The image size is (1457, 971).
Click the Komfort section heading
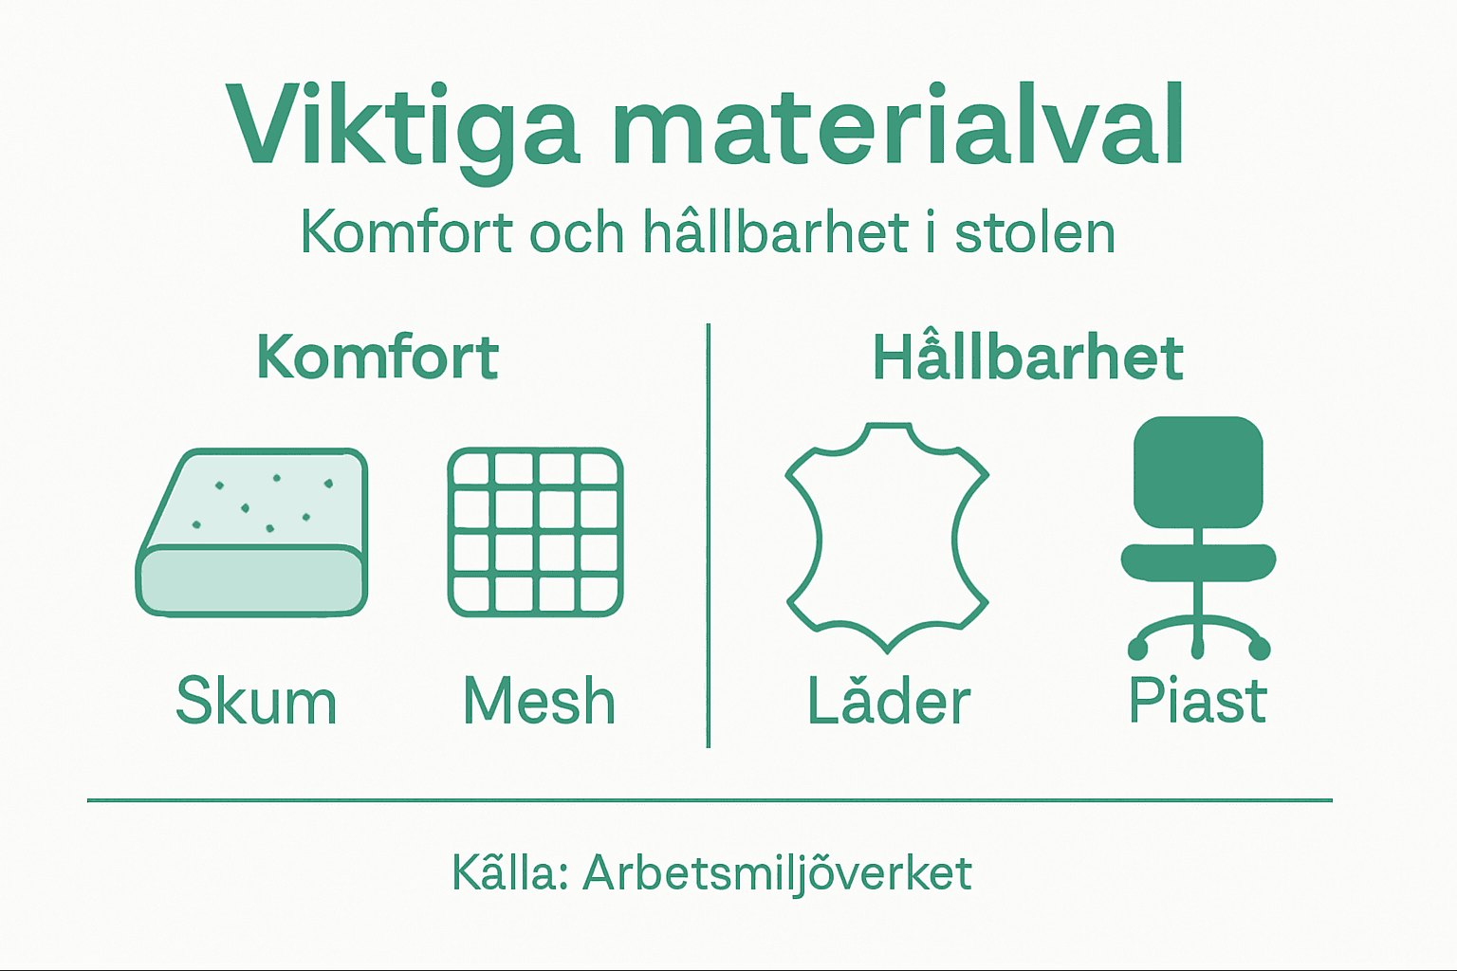point(378,357)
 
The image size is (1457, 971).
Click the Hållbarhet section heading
point(1027,357)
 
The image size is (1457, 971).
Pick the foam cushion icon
point(252,533)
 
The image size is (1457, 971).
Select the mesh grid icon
point(535,532)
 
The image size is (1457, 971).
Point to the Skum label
point(256,702)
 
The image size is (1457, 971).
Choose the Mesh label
point(539,702)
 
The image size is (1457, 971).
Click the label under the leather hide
point(889,702)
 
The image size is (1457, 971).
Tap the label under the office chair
point(1197,702)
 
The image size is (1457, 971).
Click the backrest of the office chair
point(1199,471)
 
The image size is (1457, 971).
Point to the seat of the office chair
point(1199,560)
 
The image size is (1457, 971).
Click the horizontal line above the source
point(710,800)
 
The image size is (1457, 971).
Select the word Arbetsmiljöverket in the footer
point(777,873)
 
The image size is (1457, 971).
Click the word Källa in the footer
point(508,872)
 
